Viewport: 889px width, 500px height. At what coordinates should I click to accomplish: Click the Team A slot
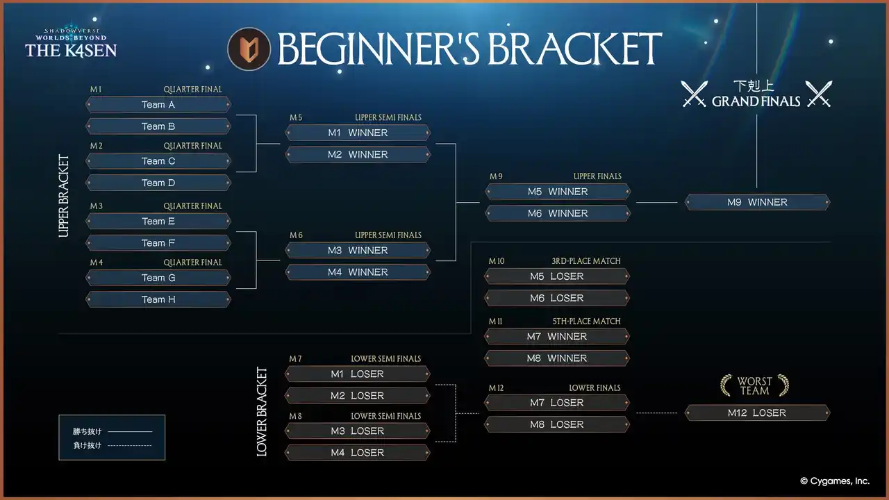point(158,105)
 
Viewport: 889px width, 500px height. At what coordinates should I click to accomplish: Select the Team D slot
point(158,183)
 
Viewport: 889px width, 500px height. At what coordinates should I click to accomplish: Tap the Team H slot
point(158,299)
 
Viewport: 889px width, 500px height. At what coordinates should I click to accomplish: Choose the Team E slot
point(158,222)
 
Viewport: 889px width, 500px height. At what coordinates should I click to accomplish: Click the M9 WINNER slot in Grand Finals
point(757,202)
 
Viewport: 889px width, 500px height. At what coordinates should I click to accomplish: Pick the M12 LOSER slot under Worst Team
point(757,412)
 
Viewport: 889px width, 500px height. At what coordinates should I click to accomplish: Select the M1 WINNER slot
point(358,133)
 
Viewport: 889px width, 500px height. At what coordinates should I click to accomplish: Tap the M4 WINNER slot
point(358,272)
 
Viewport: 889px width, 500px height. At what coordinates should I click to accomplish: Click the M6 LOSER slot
point(557,298)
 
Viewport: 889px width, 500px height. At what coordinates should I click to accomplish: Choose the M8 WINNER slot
point(557,358)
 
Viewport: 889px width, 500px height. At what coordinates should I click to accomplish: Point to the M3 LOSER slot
point(358,431)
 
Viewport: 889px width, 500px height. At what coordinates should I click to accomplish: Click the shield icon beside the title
point(249,49)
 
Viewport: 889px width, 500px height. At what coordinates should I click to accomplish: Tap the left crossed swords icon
point(694,94)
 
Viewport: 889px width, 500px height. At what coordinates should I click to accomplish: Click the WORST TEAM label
point(754,386)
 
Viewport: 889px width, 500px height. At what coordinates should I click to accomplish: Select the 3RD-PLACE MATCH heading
point(585,261)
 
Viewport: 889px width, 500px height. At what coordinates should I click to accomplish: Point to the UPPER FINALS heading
point(597,176)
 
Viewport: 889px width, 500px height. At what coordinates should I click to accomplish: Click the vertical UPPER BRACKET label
point(64,196)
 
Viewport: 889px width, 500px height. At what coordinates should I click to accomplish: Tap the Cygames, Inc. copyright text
point(834,481)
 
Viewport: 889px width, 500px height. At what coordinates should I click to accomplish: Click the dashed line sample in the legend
point(130,446)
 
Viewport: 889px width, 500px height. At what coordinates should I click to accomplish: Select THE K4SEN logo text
point(71,50)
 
